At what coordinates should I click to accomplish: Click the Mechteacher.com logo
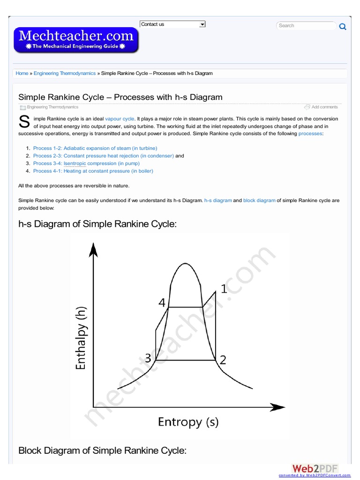pos(76,39)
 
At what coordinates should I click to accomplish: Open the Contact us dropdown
pos(172,24)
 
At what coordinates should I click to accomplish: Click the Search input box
pos(305,26)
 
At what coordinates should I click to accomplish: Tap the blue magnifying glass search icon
pos(343,27)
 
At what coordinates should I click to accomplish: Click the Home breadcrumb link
pos(22,74)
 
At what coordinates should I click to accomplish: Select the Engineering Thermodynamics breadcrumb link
pos(65,74)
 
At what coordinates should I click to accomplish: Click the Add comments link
pos(324,107)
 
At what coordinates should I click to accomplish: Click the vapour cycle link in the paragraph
pos(120,119)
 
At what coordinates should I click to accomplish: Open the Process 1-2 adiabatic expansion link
pos(95,148)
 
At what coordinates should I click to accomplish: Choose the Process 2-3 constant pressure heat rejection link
pos(103,156)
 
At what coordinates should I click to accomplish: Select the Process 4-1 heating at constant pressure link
pos(93,171)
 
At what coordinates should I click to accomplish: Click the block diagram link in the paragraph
pos(259,201)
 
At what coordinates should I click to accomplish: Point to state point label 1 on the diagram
pos(224,289)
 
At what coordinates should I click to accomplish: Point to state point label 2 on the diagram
pos(223,360)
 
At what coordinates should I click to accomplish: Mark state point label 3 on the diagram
pos(148,359)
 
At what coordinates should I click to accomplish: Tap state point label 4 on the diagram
pos(162,303)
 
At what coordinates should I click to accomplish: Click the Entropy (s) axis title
pos(188,422)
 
